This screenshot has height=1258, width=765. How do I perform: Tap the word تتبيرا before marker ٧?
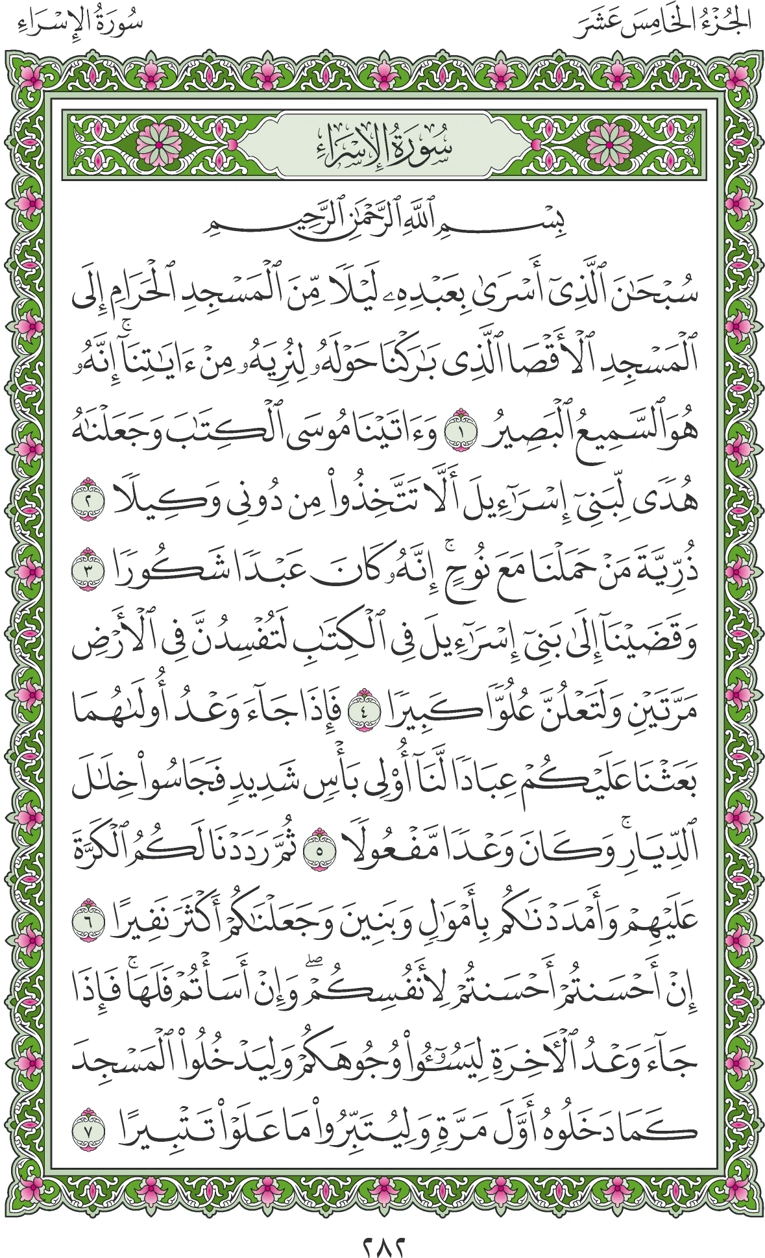(x=156, y=1127)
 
